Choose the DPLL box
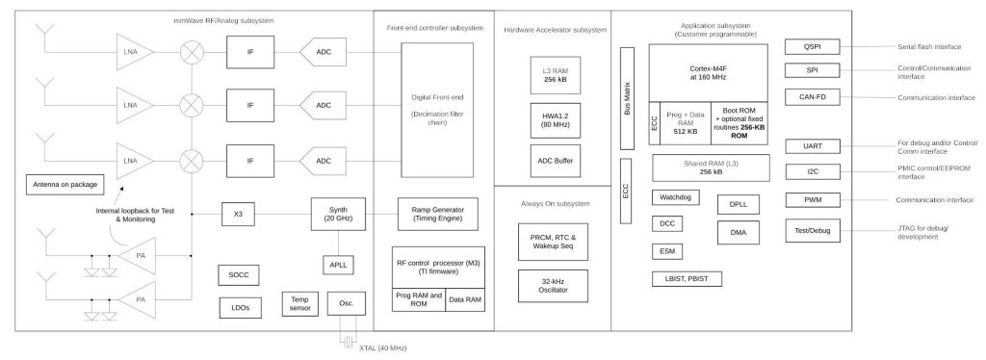pos(738,204)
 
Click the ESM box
pos(666,250)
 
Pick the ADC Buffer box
pos(552,159)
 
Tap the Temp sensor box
pos(298,304)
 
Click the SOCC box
pos(238,273)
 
